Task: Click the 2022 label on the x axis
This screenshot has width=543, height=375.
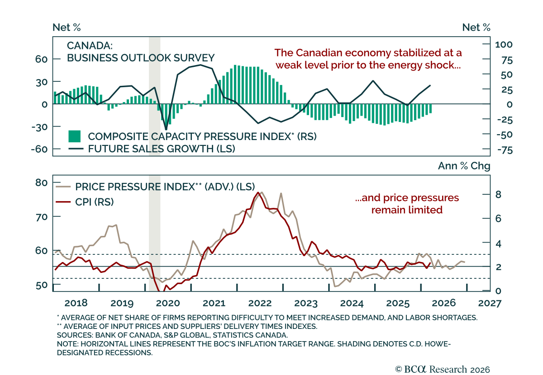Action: coord(260,303)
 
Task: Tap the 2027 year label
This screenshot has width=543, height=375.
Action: coord(490,303)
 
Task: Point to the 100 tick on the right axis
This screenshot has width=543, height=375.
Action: coord(504,45)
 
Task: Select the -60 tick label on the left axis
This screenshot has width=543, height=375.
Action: coord(39,149)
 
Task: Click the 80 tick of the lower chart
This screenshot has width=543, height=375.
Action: coord(41,183)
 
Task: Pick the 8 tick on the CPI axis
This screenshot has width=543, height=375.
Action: coord(498,194)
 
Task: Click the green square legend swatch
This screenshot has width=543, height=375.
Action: coord(74,136)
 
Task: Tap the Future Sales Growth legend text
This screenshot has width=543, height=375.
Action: coord(162,149)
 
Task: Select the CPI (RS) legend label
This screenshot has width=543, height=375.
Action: coord(95,202)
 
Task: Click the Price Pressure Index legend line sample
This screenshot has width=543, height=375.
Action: coord(63,187)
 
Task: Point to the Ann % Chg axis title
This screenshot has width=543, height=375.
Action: coord(464,166)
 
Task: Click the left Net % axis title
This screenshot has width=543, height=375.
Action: coord(67,28)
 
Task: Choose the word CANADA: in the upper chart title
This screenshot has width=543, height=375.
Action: coord(90,46)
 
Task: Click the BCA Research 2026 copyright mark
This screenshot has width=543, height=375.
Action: coord(443,369)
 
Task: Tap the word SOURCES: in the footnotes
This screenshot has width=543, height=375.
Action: coord(75,335)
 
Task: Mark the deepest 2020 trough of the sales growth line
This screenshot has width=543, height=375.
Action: coord(166,130)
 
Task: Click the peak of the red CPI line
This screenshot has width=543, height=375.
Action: coord(258,193)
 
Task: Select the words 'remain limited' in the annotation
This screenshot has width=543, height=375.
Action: coord(407,210)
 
